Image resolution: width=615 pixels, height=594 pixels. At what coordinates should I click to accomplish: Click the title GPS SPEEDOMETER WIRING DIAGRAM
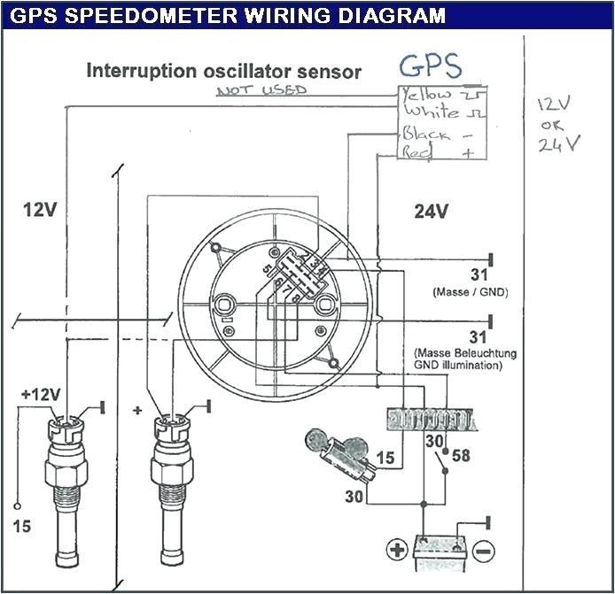click(x=223, y=15)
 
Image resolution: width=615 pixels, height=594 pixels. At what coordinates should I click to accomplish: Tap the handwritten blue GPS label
click(x=430, y=66)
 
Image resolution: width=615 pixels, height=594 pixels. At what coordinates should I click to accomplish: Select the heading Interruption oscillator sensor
click(x=223, y=72)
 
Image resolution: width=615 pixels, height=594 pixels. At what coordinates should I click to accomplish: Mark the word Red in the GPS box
click(x=417, y=153)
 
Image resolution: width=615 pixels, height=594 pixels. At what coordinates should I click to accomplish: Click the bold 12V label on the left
click(x=40, y=210)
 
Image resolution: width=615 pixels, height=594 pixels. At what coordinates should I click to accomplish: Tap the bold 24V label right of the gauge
click(x=432, y=212)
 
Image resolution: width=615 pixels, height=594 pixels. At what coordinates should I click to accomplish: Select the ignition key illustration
click(x=340, y=451)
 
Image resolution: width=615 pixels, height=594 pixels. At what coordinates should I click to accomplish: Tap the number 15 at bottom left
click(x=22, y=528)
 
